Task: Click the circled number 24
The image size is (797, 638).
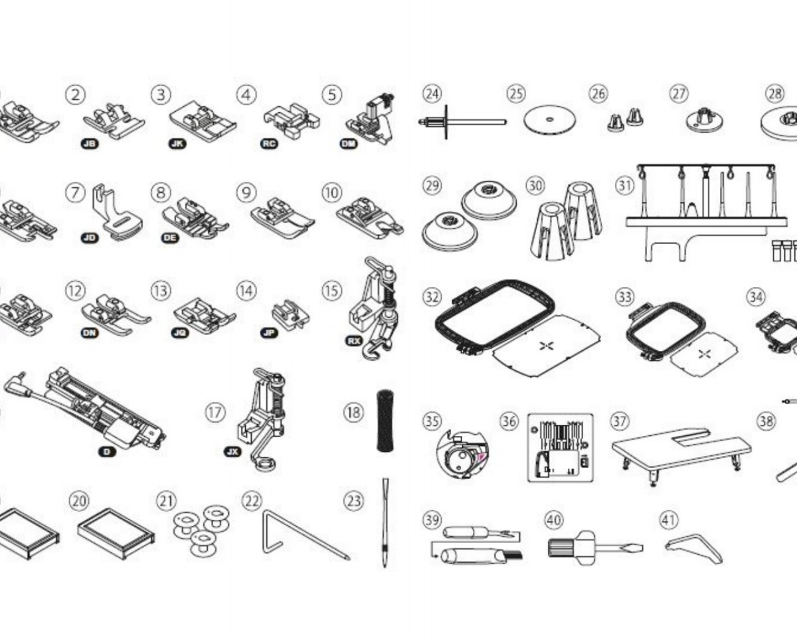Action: click(x=432, y=94)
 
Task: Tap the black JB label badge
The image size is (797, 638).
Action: click(x=89, y=144)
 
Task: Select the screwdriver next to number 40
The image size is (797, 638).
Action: click(x=594, y=548)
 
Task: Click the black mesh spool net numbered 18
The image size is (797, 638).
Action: click(x=385, y=421)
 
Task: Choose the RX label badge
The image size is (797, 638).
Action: click(x=353, y=340)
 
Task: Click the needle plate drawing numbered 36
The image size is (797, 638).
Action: click(x=560, y=447)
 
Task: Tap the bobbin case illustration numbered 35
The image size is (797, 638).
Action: click(x=462, y=454)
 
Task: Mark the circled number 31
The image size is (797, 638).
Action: click(x=625, y=185)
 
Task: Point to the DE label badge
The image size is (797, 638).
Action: click(x=170, y=237)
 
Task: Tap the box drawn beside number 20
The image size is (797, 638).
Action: click(x=116, y=534)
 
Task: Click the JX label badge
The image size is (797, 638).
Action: click(x=232, y=451)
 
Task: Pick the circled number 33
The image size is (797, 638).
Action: click(x=625, y=297)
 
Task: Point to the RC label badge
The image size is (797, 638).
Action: click(x=269, y=144)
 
